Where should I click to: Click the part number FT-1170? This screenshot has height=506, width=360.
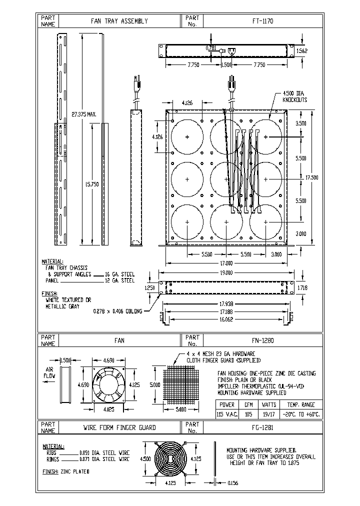coord(262,21)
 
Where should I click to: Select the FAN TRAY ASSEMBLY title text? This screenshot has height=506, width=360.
coord(119,21)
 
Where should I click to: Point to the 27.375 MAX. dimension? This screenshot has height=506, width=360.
coord(84,114)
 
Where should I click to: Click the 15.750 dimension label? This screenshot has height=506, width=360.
coord(83,184)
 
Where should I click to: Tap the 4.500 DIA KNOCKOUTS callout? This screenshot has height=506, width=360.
coord(295,96)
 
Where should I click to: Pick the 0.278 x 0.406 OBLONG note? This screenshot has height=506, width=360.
coord(118,311)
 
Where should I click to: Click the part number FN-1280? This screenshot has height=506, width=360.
coord(262,340)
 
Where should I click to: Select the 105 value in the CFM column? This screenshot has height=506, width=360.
coord(247,414)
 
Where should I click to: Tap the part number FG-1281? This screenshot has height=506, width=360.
coord(262,427)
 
